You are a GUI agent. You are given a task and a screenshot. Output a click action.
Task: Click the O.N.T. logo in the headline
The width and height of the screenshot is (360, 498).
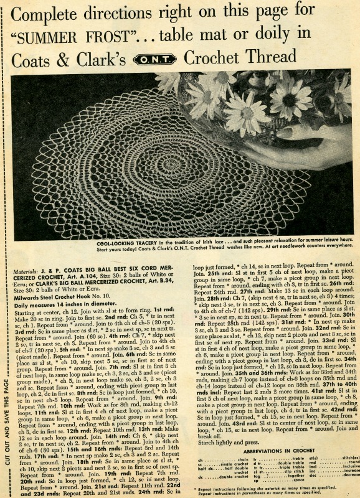pos(149,59)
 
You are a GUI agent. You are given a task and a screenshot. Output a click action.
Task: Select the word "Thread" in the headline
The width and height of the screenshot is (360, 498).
pos(265,58)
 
